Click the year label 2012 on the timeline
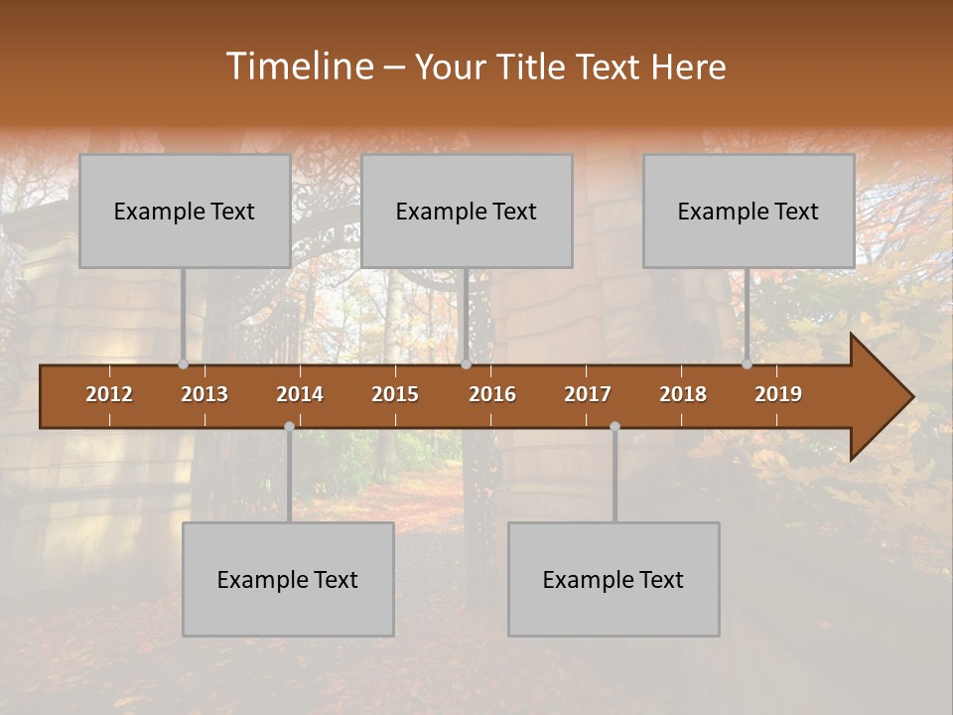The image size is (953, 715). pyautogui.click(x=109, y=394)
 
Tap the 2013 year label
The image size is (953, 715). pyautogui.click(x=204, y=394)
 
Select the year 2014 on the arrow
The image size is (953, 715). pyautogui.click(x=300, y=394)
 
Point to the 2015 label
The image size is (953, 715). pyautogui.click(x=395, y=394)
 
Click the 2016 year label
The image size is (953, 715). pyautogui.click(x=492, y=394)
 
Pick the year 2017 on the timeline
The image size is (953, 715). pyautogui.click(x=588, y=394)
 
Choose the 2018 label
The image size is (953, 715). pyautogui.click(x=683, y=394)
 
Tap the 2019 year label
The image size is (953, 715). pyautogui.click(x=778, y=394)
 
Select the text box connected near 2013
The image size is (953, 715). pyautogui.click(x=185, y=211)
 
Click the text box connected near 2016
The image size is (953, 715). pyautogui.click(x=467, y=211)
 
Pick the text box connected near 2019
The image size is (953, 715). pyautogui.click(x=749, y=211)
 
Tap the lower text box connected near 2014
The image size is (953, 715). pyautogui.click(x=288, y=579)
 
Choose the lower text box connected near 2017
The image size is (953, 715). pyautogui.click(x=613, y=579)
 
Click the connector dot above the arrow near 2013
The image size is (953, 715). pyautogui.click(x=183, y=364)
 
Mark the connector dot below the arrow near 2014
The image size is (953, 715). pyautogui.click(x=289, y=427)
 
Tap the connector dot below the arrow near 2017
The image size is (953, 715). pyautogui.click(x=614, y=427)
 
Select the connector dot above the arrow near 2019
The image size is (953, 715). pyautogui.click(x=747, y=364)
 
